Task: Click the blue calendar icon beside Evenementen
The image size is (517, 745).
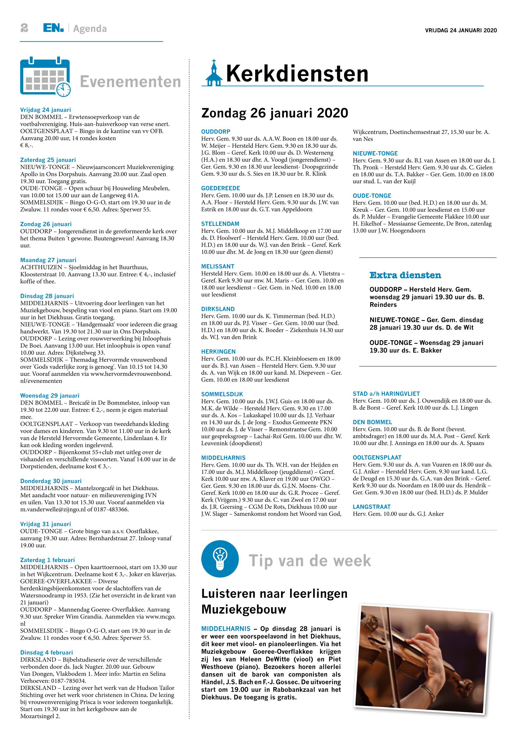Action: tap(45, 77)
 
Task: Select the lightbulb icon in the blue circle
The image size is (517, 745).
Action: tap(220, 559)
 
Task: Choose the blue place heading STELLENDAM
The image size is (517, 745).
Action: tap(220, 224)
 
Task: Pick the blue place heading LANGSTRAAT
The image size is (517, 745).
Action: tap(372, 507)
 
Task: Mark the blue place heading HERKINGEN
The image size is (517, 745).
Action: tap(218, 351)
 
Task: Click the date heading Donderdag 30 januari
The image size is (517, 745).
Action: tap(51, 481)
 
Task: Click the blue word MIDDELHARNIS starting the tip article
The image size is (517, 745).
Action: tap(226, 629)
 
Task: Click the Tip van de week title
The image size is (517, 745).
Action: tap(310, 561)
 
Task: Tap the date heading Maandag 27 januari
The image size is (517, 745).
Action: tap(48, 260)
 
